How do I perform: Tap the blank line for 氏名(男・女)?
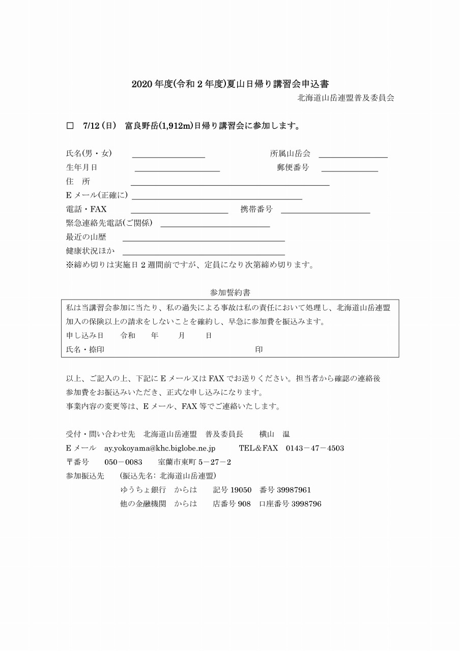[168, 155]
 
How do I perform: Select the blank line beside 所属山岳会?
[353, 155]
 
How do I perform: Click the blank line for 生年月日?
[177, 168]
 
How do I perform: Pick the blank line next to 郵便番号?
[350, 168]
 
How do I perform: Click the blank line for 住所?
[230, 183]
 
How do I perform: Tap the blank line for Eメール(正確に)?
[217, 196]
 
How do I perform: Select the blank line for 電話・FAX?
[179, 210]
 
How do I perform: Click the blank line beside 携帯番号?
[325, 210]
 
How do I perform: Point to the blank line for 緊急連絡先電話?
[215, 224]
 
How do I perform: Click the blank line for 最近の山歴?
[204, 238]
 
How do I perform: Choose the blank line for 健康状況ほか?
[204, 252]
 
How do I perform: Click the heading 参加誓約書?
[230, 293]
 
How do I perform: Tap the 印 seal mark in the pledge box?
[259, 350]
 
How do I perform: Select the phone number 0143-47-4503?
[314, 449]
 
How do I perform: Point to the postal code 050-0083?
[123, 462]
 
